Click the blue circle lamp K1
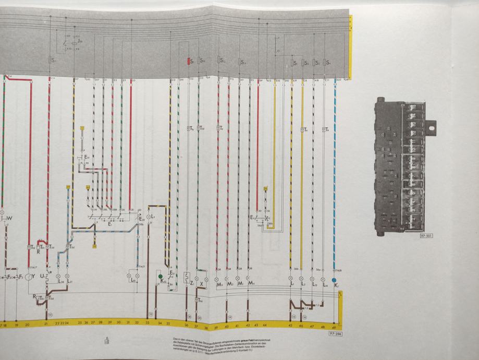point(334,280)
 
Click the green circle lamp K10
point(161,276)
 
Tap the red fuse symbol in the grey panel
point(190,61)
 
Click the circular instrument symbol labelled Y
point(29,277)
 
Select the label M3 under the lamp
point(220,284)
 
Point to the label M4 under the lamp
point(252,283)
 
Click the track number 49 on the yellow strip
point(334,326)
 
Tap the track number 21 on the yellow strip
point(46,324)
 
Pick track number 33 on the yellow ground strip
point(148,323)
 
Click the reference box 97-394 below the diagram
point(335,332)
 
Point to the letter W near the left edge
point(9,218)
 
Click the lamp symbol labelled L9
point(148,217)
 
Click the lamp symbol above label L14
point(323,279)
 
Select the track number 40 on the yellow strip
point(227,326)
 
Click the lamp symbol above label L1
point(290,279)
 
